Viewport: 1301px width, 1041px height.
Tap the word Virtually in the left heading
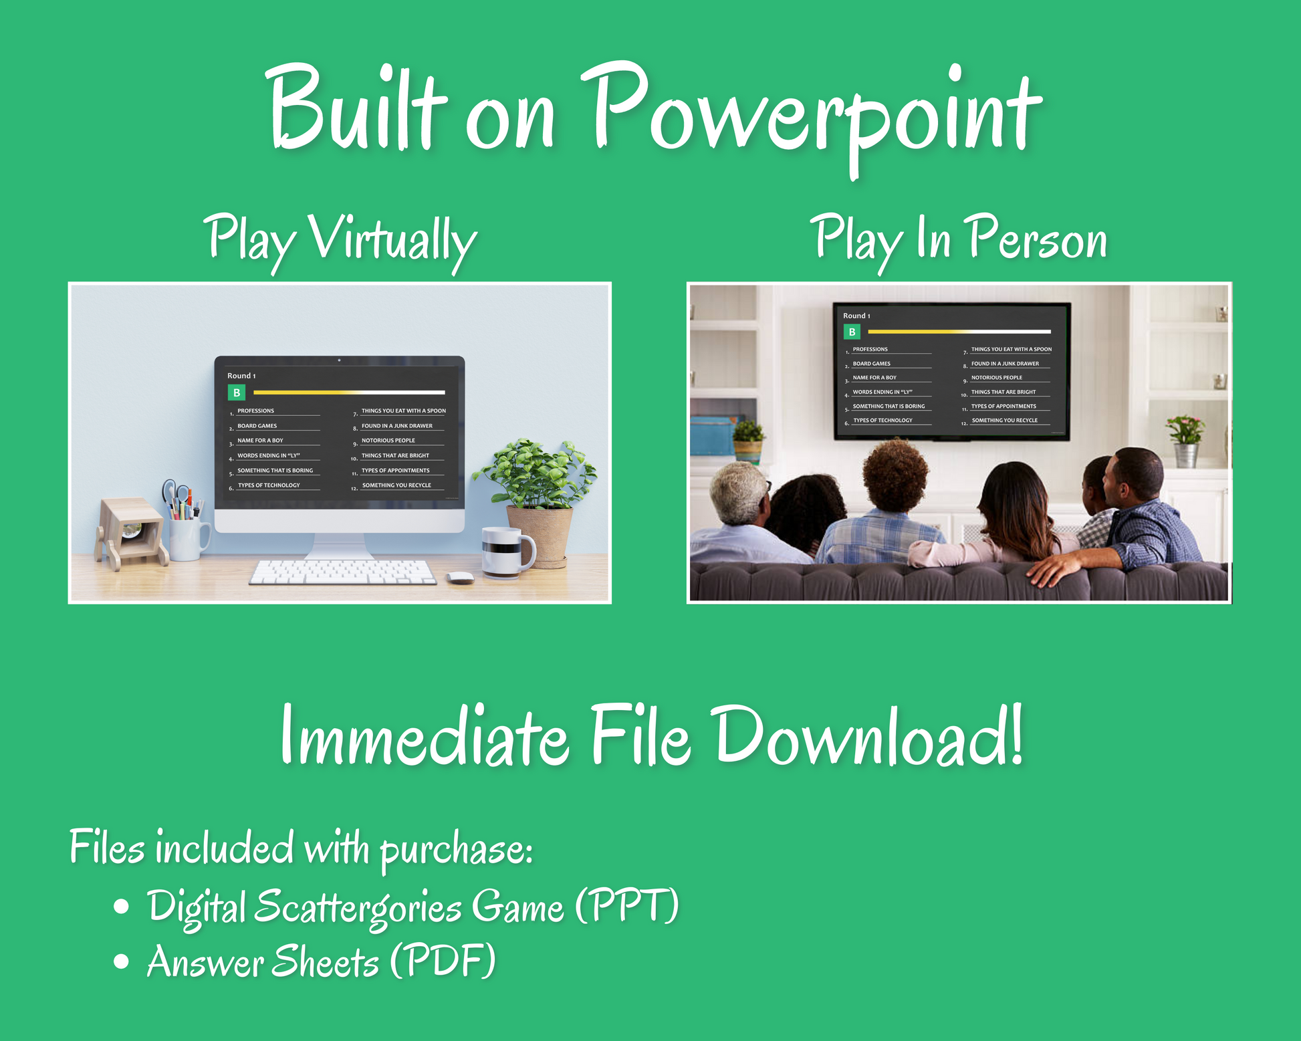point(392,241)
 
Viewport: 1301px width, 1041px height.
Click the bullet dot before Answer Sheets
point(121,961)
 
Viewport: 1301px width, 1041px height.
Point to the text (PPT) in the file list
point(627,905)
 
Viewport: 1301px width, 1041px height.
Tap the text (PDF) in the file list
point(443,960)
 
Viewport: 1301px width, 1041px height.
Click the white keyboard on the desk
point(342,572)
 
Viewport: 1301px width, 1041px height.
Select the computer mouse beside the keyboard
point(460,577)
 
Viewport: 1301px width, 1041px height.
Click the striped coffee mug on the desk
point(507,552)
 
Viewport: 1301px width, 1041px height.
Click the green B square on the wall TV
point(852,332)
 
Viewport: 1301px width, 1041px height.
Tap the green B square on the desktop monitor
point(237,392)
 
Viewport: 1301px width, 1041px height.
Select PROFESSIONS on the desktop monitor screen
point(255,411)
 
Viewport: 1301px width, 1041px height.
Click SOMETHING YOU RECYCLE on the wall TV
point(1004,421)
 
